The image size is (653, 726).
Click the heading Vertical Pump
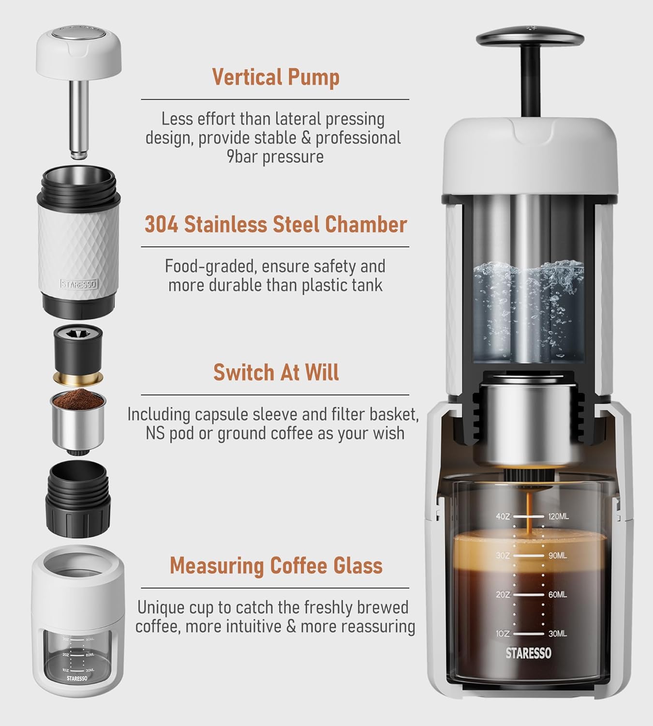tap(276, 77)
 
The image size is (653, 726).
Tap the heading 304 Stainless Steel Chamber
tap(276, 225)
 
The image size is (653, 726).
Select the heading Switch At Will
tap(276, 372)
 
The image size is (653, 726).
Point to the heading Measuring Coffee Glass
tap(276, 565)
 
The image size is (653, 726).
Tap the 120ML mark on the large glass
tap(559, 516)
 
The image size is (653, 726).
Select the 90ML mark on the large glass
tap(558, 556)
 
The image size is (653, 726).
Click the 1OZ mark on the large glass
tap(503, 634)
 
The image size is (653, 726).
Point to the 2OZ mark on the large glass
tap(503, 594)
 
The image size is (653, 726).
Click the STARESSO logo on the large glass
tap(528, 653)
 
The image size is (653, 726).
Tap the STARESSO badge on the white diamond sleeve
tap(79, 284)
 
